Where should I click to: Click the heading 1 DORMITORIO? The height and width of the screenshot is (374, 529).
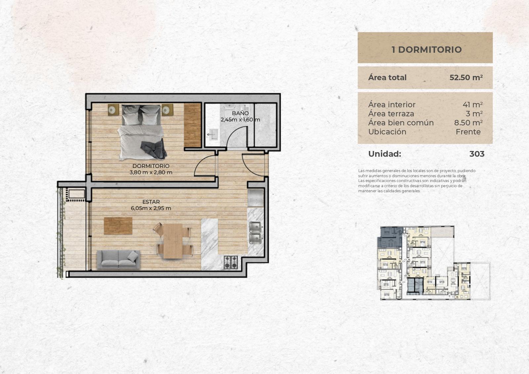coord(427,50)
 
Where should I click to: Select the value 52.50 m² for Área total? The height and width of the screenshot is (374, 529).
coord(466,77)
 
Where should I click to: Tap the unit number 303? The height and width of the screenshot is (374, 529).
coord(477,154)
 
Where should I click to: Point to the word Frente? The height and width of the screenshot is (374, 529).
coord(468,132)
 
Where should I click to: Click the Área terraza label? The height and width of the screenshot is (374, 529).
coord(391,114)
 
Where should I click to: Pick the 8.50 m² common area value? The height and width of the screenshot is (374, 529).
coord(468,123)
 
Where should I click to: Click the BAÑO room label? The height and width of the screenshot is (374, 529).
coord(240,113)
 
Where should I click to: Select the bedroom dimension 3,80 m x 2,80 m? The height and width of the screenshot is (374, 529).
coord(151,172)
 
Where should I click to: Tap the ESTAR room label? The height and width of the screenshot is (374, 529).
coord(151,202)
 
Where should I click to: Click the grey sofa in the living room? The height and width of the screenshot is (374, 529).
coord(118,260)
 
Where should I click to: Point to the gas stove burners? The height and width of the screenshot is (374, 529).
coord(231,262)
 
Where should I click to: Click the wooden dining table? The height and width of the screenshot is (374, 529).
coord(173,241)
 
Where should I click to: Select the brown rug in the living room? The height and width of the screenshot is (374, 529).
coord(118,226)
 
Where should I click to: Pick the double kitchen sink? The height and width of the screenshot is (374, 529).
coord(255,233)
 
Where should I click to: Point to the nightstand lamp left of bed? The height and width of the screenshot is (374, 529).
coord(113,110)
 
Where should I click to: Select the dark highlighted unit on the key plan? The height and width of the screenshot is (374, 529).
coord(390,237)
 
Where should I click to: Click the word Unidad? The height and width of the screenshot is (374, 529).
coord(385,154)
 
